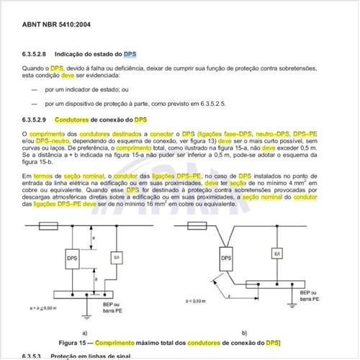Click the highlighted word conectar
(161, 134)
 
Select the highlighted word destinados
(125, 134)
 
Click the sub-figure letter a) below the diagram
(85, 333)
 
